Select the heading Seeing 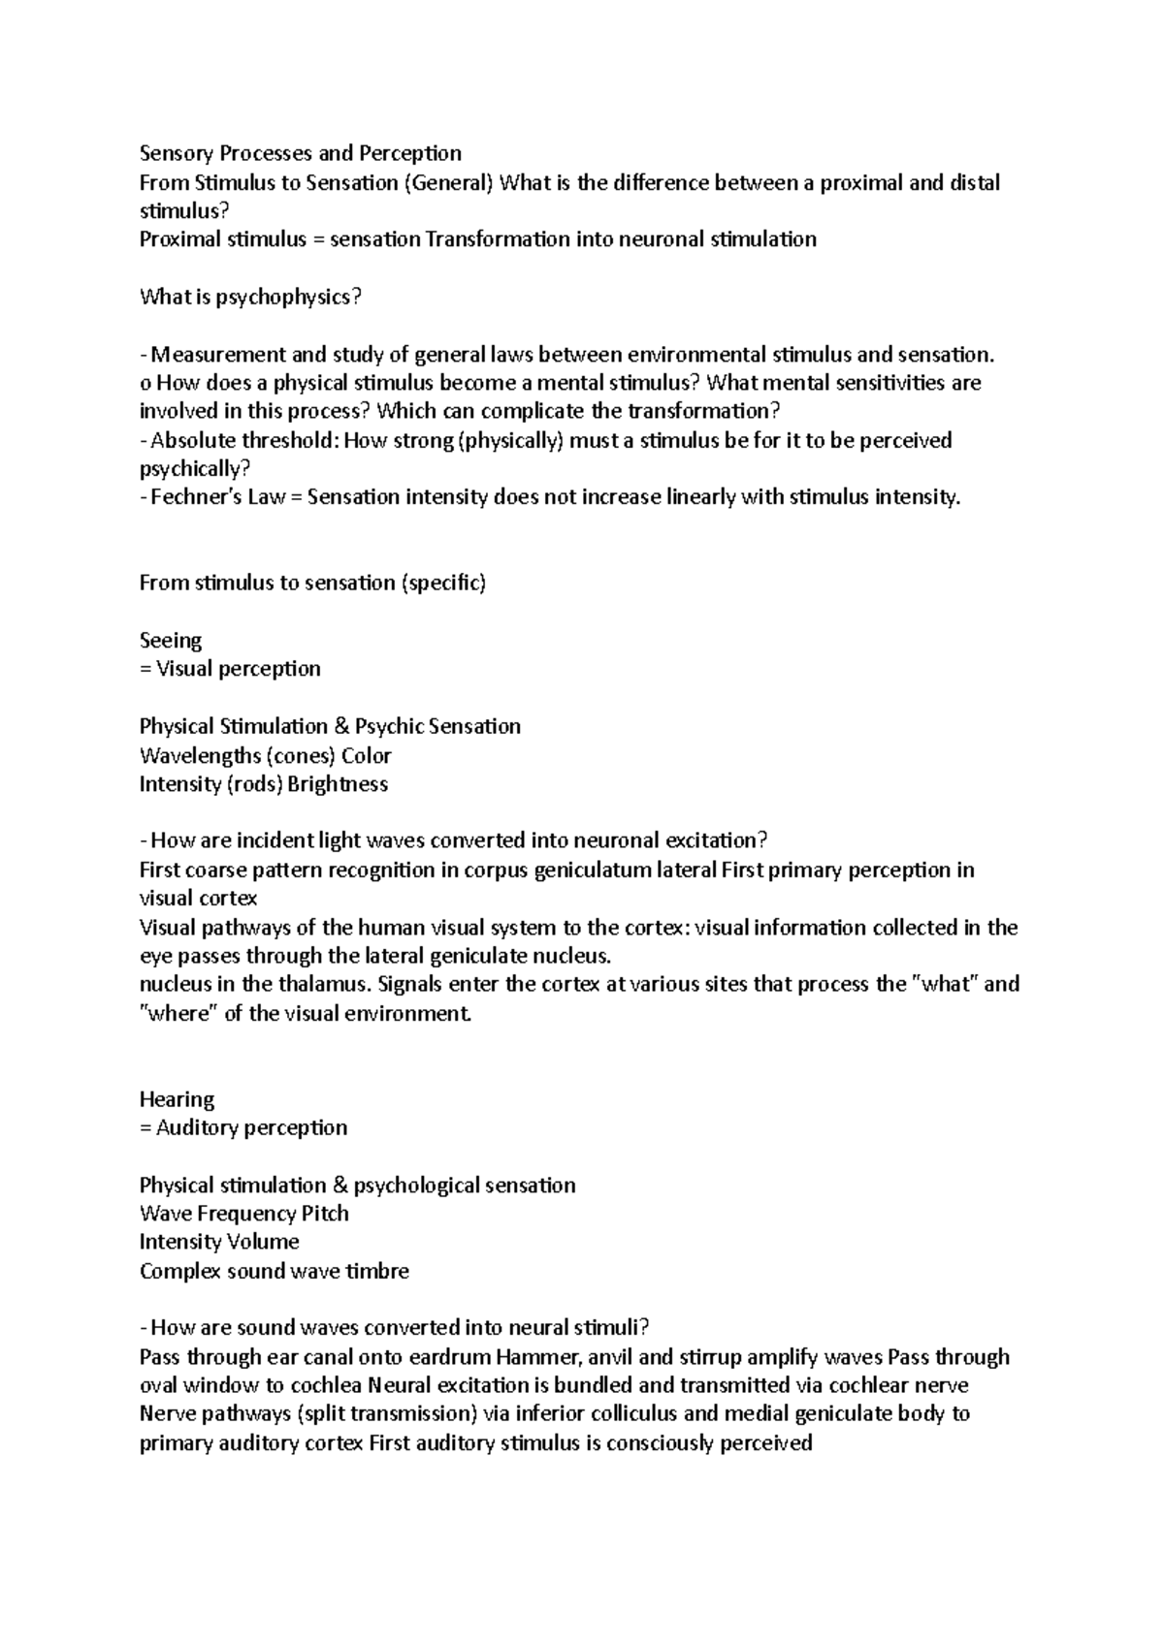[171, 641]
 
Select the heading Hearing [177, 1099]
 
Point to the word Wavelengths [192, 755]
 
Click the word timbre [377, 1271]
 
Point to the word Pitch [325, 1214]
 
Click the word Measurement [210, 355]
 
